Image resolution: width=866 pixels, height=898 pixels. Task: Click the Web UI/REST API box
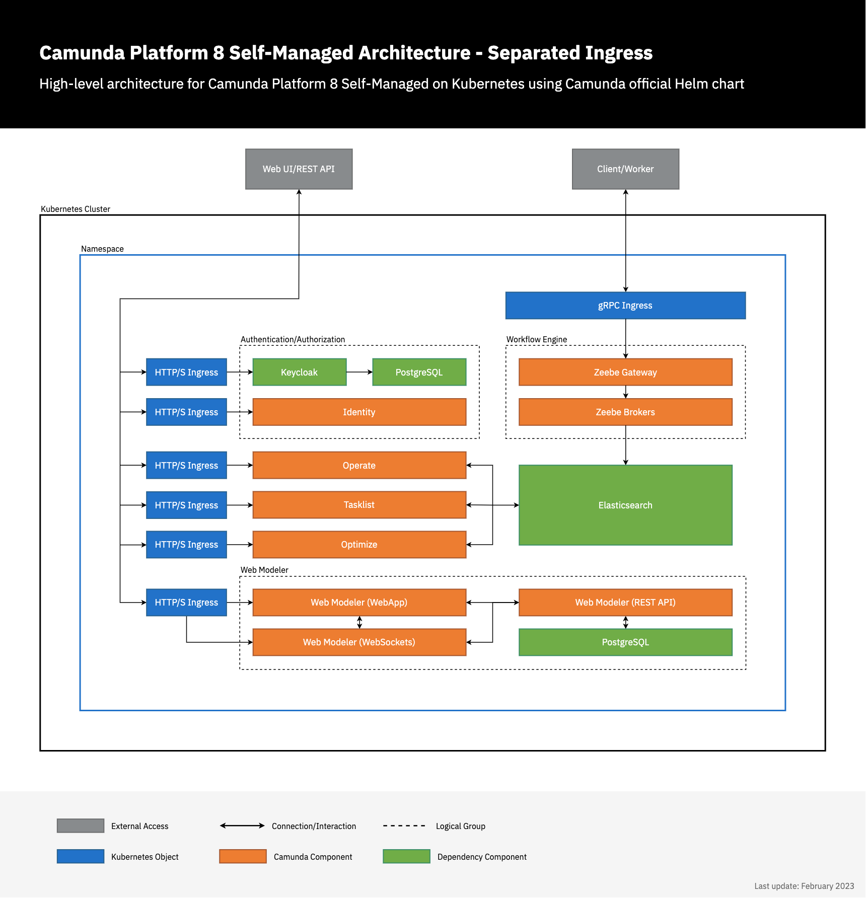point(299,169)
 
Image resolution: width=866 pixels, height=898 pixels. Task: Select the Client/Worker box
point(625,169)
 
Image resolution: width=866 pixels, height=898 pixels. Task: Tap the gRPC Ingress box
point(625,306)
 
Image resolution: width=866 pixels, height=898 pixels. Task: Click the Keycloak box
point(299,372)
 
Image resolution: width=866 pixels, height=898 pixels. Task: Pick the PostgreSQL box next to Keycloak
point(419,372)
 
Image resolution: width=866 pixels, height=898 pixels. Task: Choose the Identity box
point(359,412)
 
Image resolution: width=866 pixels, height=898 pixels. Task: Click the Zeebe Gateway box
point(625,372)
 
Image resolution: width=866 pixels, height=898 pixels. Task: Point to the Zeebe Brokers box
point(625,412)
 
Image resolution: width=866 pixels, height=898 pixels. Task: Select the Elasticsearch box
point(625,505)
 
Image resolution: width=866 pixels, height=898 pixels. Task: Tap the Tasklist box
point(359,505)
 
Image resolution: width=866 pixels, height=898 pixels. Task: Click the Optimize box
point(359,545)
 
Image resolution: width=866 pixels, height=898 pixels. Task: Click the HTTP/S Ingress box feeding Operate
point(186,466)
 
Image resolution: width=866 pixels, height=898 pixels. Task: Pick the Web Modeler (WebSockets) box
point(359,642)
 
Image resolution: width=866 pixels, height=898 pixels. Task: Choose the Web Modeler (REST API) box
point(625,603)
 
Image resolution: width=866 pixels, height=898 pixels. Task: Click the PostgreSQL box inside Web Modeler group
point(625,642)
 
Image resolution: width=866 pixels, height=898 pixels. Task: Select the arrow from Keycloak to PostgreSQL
point(359,372)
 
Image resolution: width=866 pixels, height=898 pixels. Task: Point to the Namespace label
point(102,249)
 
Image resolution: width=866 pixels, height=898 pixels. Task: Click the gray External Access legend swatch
point(81,826)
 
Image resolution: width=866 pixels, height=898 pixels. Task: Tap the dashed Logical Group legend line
point(404,826)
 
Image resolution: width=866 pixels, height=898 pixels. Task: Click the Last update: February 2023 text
point(804,886)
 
